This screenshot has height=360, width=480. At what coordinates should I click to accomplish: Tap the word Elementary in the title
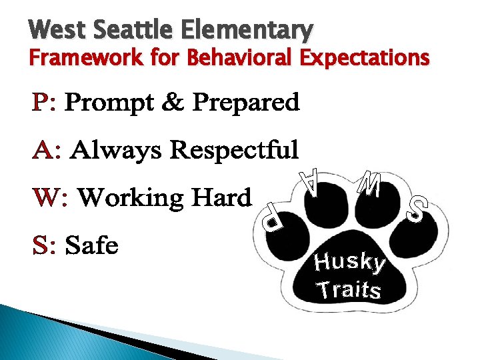tap(245, 30)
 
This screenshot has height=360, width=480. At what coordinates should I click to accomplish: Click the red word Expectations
tap(365, 59)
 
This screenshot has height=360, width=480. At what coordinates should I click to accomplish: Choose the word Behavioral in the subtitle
tap(241, 59)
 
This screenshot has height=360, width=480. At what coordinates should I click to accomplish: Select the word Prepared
tap(245, 103)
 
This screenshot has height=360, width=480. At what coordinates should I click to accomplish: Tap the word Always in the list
tap(116, 150)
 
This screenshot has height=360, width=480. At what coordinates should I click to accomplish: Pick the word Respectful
tap(233, 150)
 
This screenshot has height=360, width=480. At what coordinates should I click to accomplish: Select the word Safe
tap(92, 245)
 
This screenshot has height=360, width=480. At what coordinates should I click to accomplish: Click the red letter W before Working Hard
tap(47, 198)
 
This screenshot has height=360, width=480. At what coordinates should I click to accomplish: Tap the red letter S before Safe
tap(41, 245)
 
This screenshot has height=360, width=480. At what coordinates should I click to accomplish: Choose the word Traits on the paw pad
tap(349, 290)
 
